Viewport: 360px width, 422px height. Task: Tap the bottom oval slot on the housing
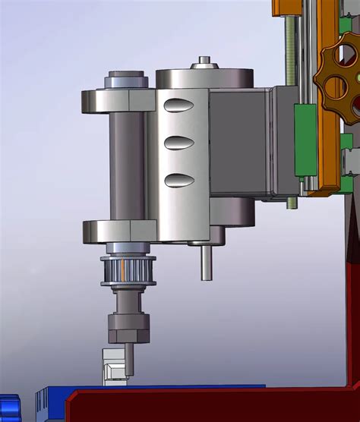click(179, 180)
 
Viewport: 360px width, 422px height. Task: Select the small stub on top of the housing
click(204, 61)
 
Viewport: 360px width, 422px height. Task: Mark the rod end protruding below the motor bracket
click(292, 203)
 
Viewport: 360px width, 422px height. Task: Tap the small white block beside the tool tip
click(112, 368)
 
